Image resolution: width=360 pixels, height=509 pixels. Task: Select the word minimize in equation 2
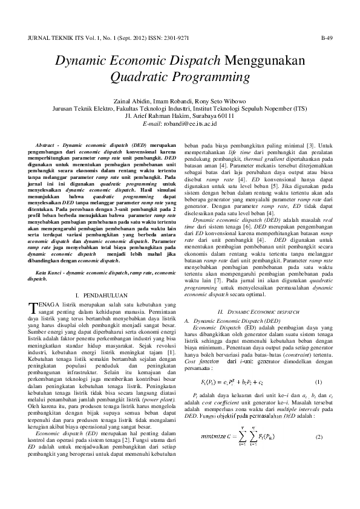(213, 438)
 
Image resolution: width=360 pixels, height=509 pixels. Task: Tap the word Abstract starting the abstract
(45, 146)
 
